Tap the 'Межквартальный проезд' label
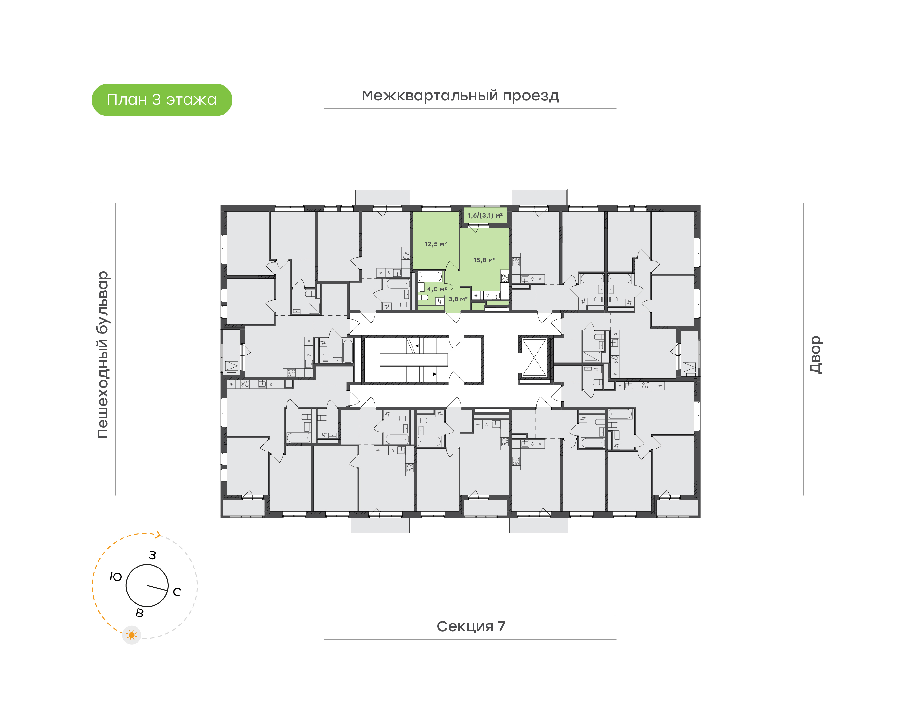point(460,96)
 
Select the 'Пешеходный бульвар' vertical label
point(103,354)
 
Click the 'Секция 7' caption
point(470,626)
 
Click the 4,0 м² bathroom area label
point(437,289)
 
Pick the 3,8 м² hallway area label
point(458,299)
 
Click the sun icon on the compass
point(131,635)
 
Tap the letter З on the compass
point(152,555)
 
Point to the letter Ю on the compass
point(115,576)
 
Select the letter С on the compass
point(177,592)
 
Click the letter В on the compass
point(139,613)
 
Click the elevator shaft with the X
point(534,357)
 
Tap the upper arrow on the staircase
point(417,346)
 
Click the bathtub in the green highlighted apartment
point(430,277)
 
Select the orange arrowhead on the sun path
point(158,535)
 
